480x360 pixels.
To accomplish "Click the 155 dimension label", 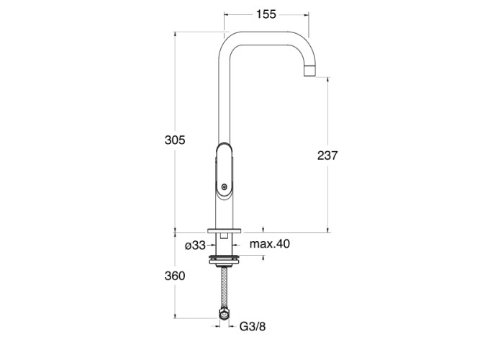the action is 266,14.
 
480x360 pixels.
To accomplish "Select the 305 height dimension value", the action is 175,140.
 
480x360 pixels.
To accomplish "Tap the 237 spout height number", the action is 327,156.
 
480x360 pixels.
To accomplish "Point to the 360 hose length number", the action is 175,276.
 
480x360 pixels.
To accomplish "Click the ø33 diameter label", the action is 195,245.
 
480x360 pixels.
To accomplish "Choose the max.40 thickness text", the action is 269,244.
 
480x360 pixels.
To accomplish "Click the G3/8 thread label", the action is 253,327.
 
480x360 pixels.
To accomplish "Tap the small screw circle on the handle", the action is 225,186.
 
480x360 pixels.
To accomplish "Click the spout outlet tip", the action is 309,71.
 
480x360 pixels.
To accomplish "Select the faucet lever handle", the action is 225,170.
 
